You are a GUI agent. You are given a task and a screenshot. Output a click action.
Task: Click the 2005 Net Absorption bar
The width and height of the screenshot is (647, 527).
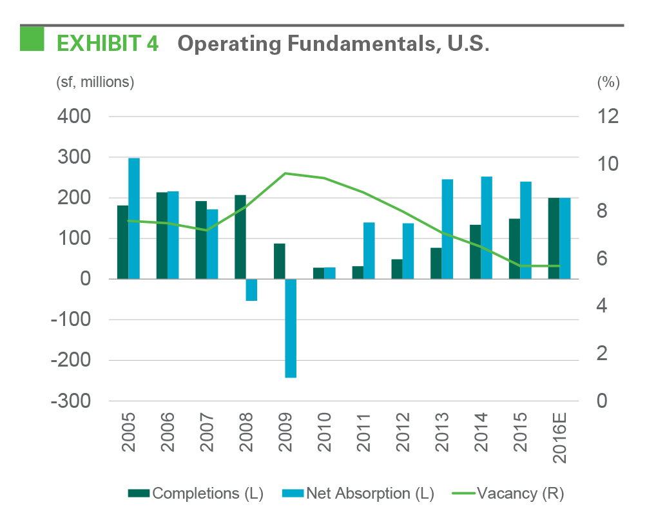pyautogui.click(x=134, y=218)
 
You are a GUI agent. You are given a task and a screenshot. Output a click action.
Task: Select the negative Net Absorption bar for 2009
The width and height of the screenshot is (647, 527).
pyautogui.click(x=291, y=328)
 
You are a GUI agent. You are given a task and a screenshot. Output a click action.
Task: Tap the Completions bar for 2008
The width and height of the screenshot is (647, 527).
pyautogui.click(x=240, y=236)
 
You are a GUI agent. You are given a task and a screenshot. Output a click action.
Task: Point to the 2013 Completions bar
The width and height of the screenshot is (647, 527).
pyautogui.click(x=436, y=263)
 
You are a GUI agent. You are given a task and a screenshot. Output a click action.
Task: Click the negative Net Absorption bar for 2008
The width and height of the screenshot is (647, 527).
pyautogui.click(x=251, y=290)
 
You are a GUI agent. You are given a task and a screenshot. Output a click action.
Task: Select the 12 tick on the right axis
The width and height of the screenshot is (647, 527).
pyautogui.click(x=608, y=117)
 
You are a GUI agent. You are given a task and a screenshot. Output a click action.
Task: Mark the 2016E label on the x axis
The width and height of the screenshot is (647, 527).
pyautogui.click(x=560, y=442)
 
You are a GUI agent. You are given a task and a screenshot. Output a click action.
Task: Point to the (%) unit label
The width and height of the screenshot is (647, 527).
pyautogui.click(x=608, y=82)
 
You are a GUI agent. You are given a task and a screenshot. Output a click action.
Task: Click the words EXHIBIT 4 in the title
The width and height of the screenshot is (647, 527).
pyautogui.click(x=108, y=43)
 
